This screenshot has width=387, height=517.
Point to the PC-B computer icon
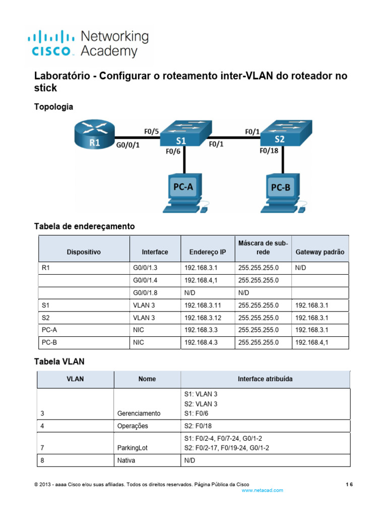[283, 191]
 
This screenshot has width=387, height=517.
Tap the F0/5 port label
[151, 132]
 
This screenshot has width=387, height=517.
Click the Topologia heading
[53, 107]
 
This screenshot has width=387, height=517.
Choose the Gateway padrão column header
[320, 252]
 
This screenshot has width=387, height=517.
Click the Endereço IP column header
[208, 252]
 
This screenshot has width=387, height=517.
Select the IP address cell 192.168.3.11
[203, 305]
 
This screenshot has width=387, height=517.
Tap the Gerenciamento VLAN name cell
[139, 413]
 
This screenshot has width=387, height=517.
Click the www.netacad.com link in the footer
[263, 490]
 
